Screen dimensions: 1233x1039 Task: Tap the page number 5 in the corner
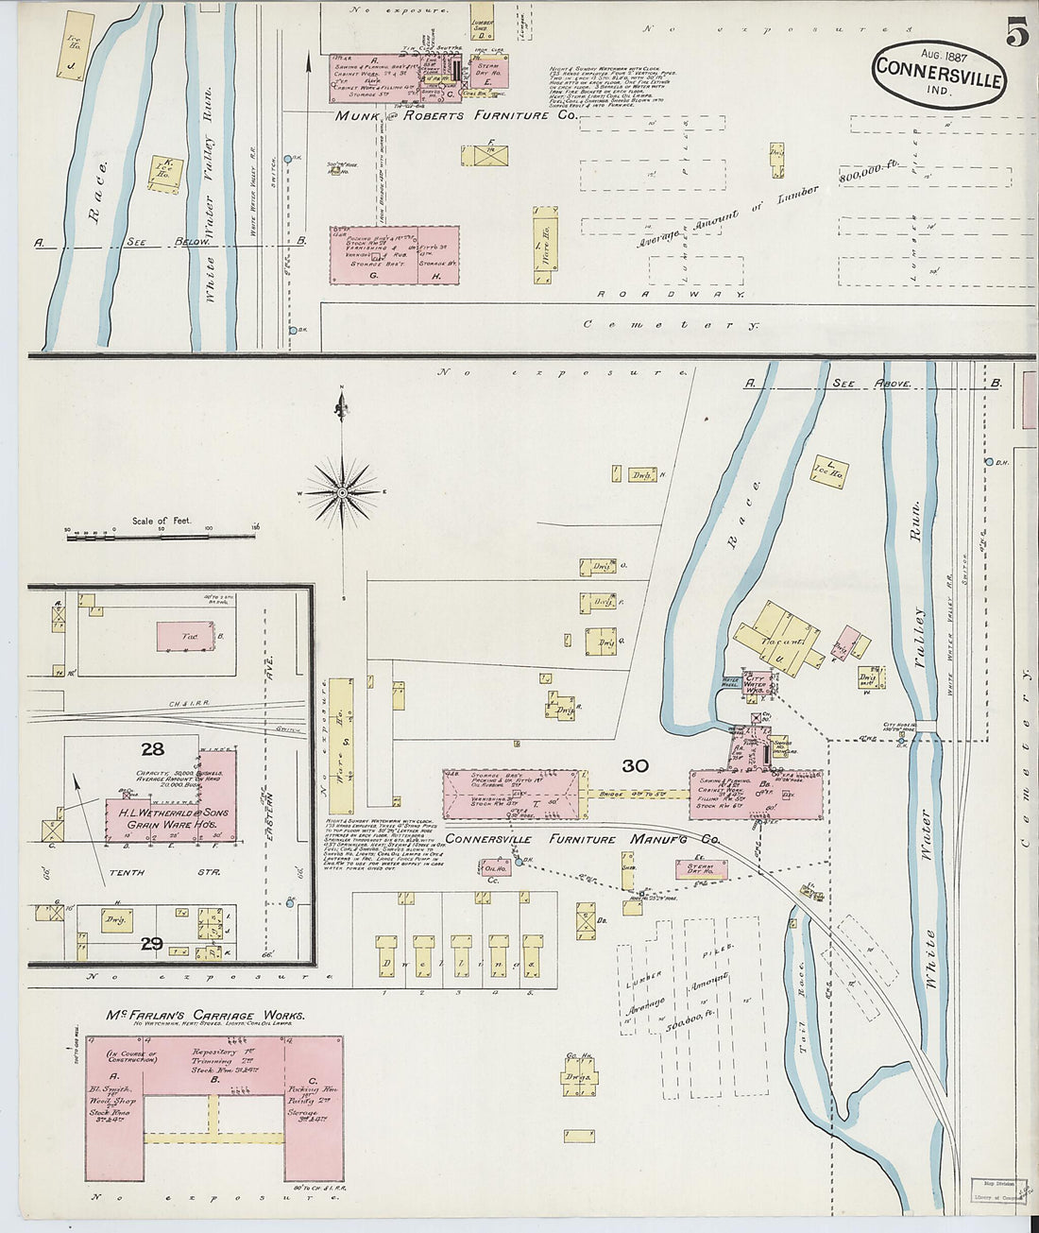pos(1016,34)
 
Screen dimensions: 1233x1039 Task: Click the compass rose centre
pos(341,492)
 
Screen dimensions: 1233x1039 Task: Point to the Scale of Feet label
pos(162,521)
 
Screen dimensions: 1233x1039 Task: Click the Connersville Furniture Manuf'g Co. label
pos(583,839)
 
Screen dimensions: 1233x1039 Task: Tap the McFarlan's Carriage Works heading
pos(205,1016)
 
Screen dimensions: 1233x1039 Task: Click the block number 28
pos(152,749)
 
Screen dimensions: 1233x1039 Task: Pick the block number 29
pos(151,943)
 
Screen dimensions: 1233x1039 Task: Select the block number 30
pos(634,766)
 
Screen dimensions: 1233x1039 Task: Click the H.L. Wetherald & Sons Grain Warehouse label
pos(167,818)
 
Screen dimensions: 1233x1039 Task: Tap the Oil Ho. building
pos(493,867)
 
